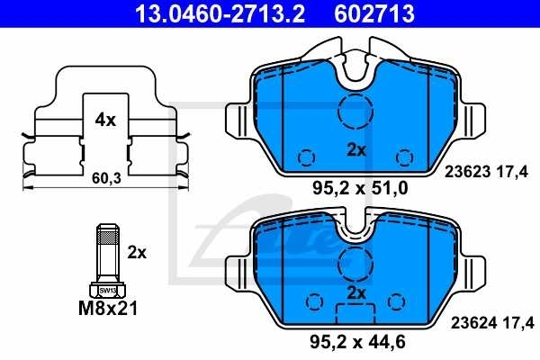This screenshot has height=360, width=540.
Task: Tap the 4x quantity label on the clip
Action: click(105, 119)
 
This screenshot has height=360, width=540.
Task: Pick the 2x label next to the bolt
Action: click(137, 253)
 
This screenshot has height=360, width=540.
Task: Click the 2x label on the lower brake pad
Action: click(357, 293)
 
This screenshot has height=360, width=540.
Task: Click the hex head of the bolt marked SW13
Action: click(106, 290)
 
